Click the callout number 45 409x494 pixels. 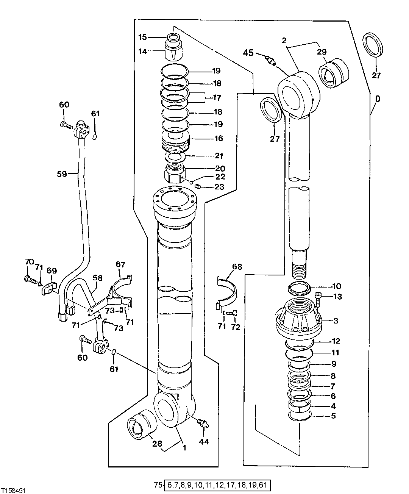pos(248,53)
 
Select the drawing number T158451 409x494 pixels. pos(13,490)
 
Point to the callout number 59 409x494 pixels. pos(62,174)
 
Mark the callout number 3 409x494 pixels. pos(336,321)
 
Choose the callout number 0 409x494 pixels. pos(378,99)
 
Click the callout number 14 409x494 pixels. pos(142,52)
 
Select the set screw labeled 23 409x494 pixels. pos(198,186)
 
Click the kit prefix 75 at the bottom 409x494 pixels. pos(158,485)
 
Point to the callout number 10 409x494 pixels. pos(337,286)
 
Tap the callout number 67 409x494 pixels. pos(120,264)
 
